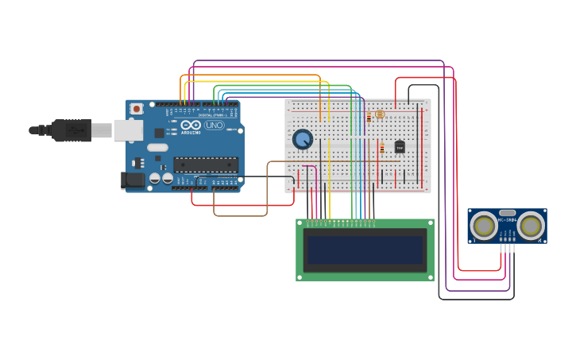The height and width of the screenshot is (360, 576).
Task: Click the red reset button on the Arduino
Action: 137,108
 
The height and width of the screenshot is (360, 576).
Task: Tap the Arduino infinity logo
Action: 191,125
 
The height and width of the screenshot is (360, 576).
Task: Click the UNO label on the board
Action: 215,125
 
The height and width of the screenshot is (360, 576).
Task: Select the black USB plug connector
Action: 72,130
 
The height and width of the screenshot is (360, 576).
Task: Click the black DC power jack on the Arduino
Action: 133,180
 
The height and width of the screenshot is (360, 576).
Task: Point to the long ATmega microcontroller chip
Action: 206,165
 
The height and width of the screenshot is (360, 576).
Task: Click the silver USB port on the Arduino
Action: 128,130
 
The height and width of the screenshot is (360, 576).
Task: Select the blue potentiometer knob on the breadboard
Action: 303,139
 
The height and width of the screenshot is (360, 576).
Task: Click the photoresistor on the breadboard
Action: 380,114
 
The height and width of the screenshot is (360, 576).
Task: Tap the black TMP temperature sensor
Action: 400,147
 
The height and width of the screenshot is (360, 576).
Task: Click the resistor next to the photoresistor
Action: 369,118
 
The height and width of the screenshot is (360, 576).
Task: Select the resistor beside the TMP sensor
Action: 382,148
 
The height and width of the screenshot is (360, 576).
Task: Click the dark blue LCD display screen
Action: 365,250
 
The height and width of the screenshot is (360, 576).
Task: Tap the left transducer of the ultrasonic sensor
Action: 484,226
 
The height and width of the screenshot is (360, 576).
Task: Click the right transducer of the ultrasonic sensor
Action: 531,226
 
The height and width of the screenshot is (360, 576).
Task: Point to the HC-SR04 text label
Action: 507,220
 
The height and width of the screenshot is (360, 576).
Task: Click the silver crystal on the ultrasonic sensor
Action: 507,213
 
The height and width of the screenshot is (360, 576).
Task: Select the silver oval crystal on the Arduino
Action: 157,147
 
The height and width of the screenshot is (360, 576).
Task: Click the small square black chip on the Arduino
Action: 159,134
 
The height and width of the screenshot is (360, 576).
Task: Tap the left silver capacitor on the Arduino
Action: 154,178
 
